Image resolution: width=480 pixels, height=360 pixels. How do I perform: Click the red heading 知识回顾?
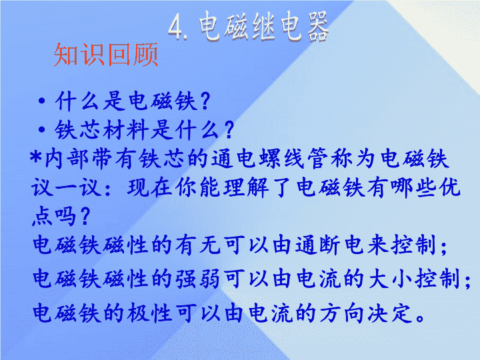click(105, 55)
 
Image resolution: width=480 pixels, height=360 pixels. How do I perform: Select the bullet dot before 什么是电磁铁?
click(42, 101)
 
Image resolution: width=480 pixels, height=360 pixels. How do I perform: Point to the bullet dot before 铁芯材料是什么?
click(42, 129)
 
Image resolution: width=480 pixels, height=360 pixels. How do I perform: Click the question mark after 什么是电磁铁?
click(204, 101)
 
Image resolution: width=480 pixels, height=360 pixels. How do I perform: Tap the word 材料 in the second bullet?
click(127, 130)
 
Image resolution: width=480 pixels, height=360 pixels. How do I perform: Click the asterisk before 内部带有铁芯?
click(36, 157)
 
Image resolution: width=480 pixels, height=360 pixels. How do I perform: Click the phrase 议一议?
click(67, 187)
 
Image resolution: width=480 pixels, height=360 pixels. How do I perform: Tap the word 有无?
click(198, 245)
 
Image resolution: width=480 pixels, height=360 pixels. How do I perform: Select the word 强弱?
click(198, 279)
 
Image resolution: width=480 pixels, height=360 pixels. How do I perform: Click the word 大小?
click(390, 279)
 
